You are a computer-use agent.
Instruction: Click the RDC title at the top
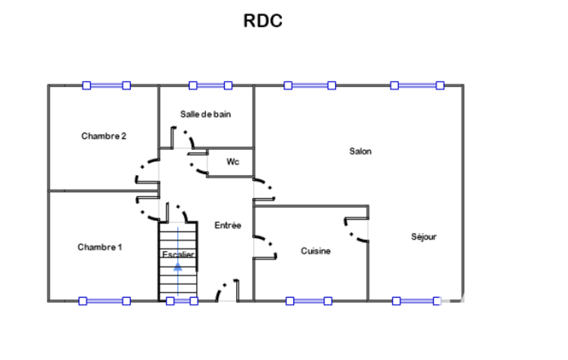tap(263, 20)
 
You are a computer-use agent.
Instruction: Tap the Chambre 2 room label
tap(104, 136)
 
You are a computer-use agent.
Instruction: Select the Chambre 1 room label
tap(100, 248)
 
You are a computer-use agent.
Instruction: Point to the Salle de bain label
tap(206, 115)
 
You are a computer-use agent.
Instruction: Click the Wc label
tap(233, 162)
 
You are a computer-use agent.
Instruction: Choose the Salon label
tap(360, 151)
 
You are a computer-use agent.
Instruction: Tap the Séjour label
tap(423, 237)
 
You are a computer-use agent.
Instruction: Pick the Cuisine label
tap(315, 251)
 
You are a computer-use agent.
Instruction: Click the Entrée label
tap(228, 225)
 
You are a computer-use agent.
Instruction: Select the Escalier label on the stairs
tap(178, 254)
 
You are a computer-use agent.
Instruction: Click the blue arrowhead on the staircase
tap(177, 267)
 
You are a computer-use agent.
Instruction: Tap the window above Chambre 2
tap(106, 85)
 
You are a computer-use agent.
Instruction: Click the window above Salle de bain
tap(211, 85)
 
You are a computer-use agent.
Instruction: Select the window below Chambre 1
tap(105, 301)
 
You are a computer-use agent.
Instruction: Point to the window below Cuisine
tap(309, 301)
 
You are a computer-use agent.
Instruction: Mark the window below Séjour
tap(417, 301)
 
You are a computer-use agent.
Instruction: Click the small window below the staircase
tap(182, 301)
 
